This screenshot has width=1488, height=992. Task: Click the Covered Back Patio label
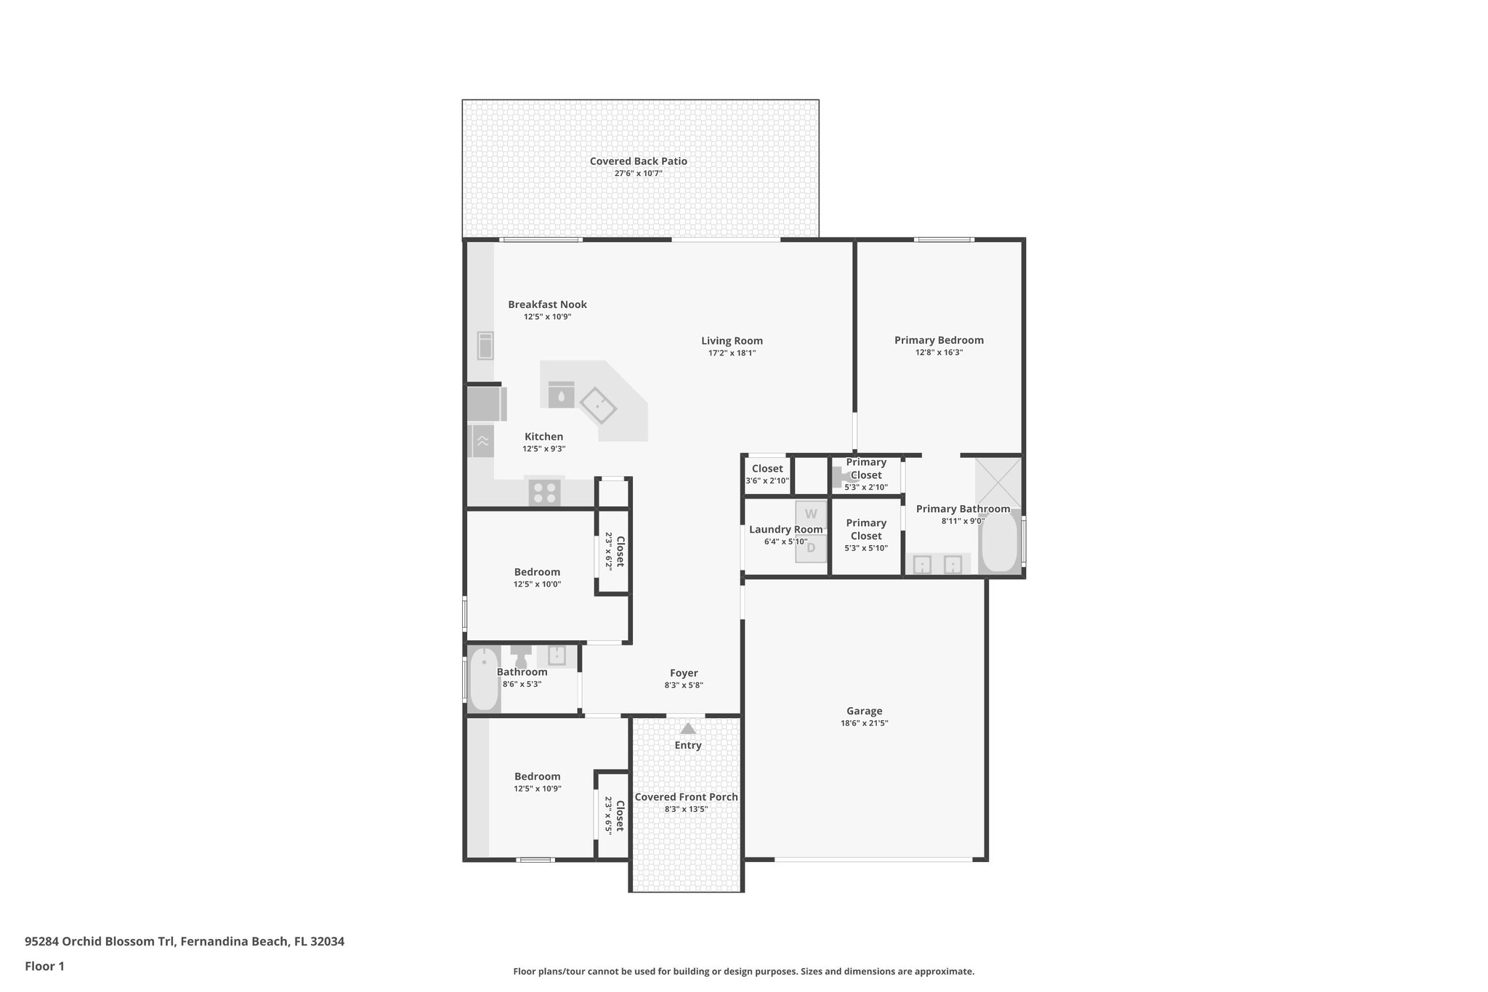click(x=638, y=161)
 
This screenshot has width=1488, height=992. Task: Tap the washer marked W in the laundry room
click(x=811, y=514)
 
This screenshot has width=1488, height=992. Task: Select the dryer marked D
click(x=811, y=548)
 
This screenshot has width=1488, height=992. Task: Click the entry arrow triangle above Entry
click(x=688, y=728)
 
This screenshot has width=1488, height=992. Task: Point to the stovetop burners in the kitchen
click(x=544, y=493)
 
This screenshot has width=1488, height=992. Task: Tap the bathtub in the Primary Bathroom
click(x=1000, y=542)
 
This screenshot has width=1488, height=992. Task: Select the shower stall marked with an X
click(x=998, y=483)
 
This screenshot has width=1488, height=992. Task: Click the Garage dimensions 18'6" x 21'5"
click(x=864, y=723)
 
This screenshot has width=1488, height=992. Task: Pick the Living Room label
click(x=732, y=341)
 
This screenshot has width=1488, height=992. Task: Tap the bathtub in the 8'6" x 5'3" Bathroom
click(x=484, y=680)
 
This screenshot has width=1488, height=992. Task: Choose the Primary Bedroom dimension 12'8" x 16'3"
click(x=939, y=352)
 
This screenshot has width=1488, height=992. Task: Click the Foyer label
click(x=684, y=673)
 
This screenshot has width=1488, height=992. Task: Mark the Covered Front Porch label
click(x=686, y=797)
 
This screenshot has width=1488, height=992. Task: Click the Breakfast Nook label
click(x=547, y=305)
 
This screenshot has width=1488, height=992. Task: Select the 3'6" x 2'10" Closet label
click(x=767, y=469)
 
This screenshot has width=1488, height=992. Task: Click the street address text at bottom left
click(x=185, y=941)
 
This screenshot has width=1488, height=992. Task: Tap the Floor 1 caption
click(x=44, y=966)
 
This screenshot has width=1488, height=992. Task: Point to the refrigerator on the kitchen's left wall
click(x=485, y=404)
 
